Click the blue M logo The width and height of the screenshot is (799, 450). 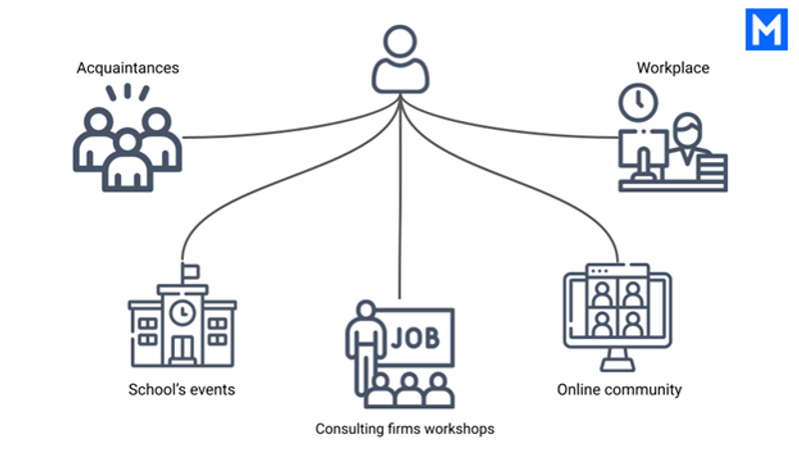click(766, 29)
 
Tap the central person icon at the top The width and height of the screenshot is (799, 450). click(400, 59)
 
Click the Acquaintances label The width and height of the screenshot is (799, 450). click(128, 68)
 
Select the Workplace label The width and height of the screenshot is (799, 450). click(672, 68)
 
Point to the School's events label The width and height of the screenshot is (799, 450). click(182, 389)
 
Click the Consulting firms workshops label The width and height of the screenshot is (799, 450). click(404, 429)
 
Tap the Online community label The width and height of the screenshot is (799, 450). click(619, 389)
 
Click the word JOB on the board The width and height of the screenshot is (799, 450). click(415, 337)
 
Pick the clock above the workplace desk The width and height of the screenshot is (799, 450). click(638, 102)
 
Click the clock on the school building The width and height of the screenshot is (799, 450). click(183, 312)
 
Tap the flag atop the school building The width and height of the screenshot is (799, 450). click(191, 271)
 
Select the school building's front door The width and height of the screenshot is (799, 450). click(183, 349)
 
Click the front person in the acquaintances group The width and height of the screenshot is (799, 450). click(128, 161)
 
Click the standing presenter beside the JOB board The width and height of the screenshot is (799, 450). click(365, 347)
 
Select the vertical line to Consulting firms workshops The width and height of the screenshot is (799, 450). click(400, 197)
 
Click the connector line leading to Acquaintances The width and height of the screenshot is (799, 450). click(291, 126)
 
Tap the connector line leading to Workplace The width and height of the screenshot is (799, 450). click(509, 126)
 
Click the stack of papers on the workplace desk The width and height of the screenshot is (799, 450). click(712, 167)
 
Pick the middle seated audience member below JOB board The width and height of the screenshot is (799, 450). click(409, 390)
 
